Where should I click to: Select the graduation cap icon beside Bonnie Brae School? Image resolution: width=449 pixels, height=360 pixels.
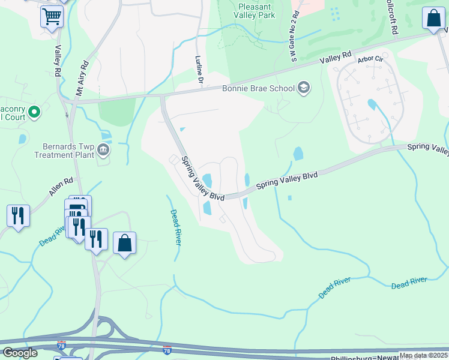[304, 88]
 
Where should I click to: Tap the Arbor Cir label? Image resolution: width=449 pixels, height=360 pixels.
[369, 59]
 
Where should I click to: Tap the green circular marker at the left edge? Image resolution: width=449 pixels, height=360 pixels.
[34, 112]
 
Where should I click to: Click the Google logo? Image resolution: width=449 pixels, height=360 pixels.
[20, 353]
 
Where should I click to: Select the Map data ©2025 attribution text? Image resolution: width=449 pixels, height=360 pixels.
[423, 355]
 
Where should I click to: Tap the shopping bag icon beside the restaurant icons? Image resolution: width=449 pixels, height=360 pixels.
[124, 244]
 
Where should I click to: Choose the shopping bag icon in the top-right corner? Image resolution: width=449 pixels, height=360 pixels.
[433, 19]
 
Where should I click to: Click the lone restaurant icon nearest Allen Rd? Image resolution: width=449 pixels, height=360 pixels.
[18, 215]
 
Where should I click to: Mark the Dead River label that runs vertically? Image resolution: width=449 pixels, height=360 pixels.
[175, 227]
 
